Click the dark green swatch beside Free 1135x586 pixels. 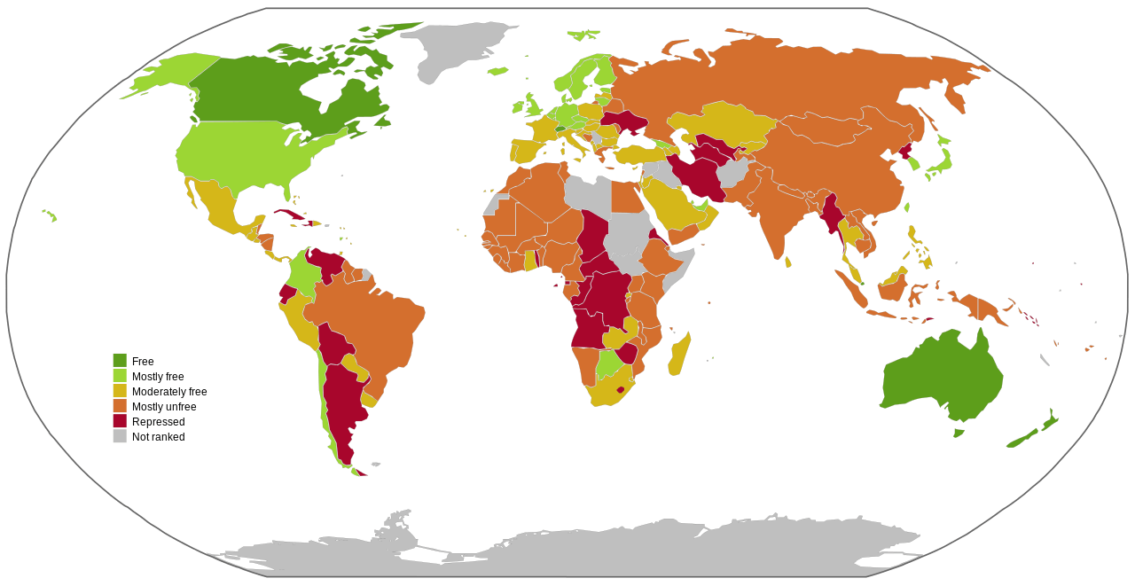[120, 361]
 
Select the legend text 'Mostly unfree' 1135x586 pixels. [164, 407]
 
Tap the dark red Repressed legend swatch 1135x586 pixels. [120, 422]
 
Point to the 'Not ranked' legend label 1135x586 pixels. [158, 437]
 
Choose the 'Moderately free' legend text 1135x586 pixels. [169, 392]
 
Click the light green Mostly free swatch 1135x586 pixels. [120, 376]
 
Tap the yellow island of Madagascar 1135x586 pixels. [680, 354]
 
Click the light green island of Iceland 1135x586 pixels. [497, 71]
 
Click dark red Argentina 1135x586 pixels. [341, 408]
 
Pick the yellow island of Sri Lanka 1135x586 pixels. [788, 262]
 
